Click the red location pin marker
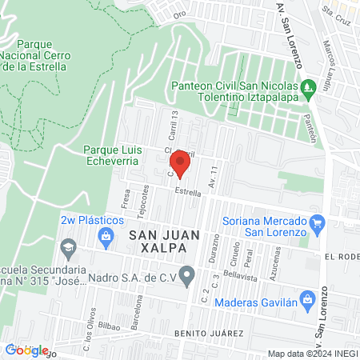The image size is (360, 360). (x=182, y=165)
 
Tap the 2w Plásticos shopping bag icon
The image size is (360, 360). (x=105, y=235)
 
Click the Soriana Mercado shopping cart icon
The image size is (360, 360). (x=317, y=222)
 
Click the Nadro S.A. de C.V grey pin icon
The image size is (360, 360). (x=187, y=278)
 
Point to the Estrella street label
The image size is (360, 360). (x=188, y=191)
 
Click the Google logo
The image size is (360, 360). (x=24, y=349)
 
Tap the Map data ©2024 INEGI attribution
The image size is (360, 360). (x=311, y=354)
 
